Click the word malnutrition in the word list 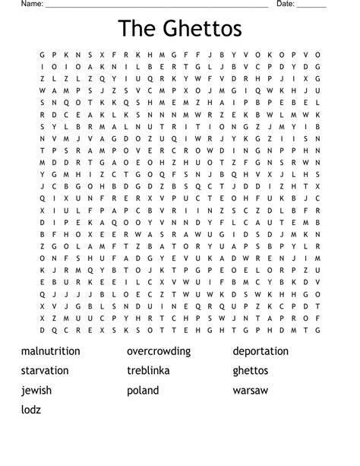51,351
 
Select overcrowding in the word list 159,351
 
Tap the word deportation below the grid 261,351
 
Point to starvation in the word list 45,371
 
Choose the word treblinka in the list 148,371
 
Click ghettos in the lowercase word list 251,371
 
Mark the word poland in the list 143,391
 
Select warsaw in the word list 251,391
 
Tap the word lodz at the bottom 31,411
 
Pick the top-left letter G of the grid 43,55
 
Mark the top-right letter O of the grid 318,55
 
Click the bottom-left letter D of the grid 43,330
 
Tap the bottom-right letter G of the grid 318,330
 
